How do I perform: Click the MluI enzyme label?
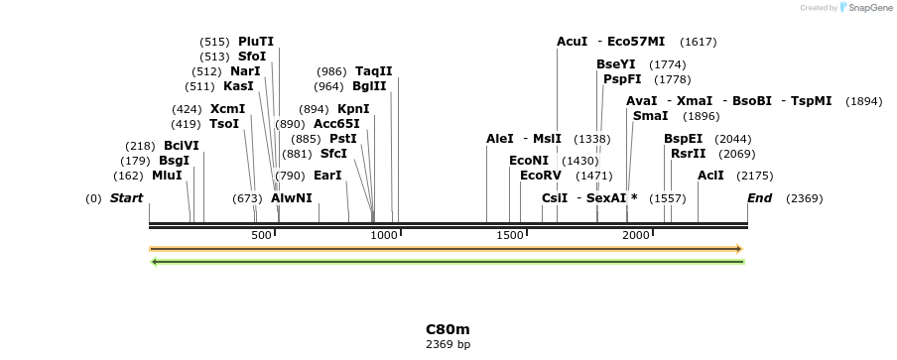click(x=167, y=176)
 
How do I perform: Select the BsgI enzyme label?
click(x=174, y=161)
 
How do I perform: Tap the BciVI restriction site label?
click(x=182, y=146)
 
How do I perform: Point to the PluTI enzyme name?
click(x=256, y=42)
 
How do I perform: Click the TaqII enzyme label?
click(x=374, y=71)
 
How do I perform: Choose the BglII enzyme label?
click(x=369, y=86)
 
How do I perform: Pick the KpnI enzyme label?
click(x=353, y=109)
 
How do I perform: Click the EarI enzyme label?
click(x=327, y=176)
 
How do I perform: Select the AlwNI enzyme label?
click(x=292, y=198)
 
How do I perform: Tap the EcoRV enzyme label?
click(x=541, y=176)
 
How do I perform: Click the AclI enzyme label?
click(x=710, y=176)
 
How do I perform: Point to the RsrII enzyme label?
click(x=689, y=154)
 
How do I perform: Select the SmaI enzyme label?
click(x=650, y=116)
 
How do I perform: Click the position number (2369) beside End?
click(x=804, y=198)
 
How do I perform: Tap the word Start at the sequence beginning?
click(x=126, y=198)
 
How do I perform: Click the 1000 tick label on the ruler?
click(x=385, y=235)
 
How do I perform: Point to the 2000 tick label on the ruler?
click(x=636, y=235)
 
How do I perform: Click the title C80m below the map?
click(x=448, y=329)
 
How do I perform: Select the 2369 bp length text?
click(x=448, y=345)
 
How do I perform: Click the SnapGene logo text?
click(x=869, y=8)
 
